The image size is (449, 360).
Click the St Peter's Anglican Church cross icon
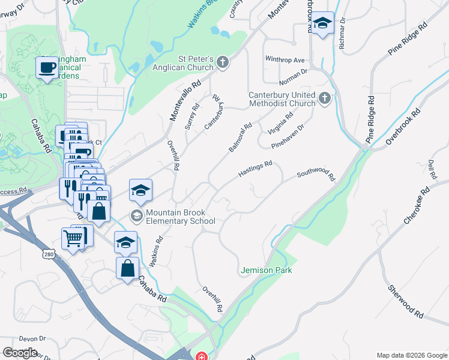223,62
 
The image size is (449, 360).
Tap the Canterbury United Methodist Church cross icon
325,98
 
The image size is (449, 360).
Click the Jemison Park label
267,271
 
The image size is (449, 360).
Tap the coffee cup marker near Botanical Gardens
46,68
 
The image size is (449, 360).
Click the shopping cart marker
73,239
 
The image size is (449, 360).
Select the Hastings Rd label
255,167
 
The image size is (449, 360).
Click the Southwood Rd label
316,175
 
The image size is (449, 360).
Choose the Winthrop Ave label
285,60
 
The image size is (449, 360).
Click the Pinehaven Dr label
288,136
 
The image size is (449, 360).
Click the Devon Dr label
32,338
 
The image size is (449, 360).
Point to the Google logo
20,352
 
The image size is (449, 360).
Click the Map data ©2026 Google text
411,355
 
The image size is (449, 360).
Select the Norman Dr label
293,76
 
